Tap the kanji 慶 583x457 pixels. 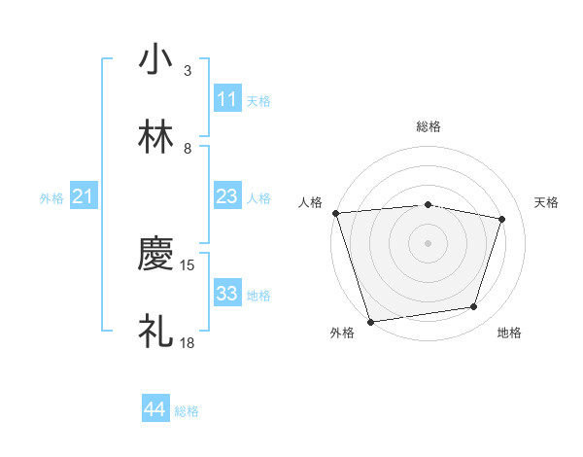pos(155,255)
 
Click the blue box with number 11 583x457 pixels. pos(227,98)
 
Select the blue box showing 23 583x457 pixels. pos(227,196)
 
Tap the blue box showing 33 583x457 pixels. pos(227,293)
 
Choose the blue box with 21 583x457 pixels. pos(83,196)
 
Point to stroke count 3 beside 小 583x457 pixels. pos(188,71)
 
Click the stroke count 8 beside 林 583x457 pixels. pos(188,149)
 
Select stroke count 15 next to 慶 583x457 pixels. pos(189,264)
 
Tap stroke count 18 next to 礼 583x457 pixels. pos(189,342)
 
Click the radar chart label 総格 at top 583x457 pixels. pos(429,126)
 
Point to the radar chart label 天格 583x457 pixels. pos(547,202)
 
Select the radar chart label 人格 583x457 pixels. pos(310,202)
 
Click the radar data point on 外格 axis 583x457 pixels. pos(370,321)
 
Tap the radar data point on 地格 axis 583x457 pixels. pos(474,307)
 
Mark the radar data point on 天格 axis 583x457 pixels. pos(502,219)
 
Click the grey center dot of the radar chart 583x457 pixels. pos(429,242)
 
